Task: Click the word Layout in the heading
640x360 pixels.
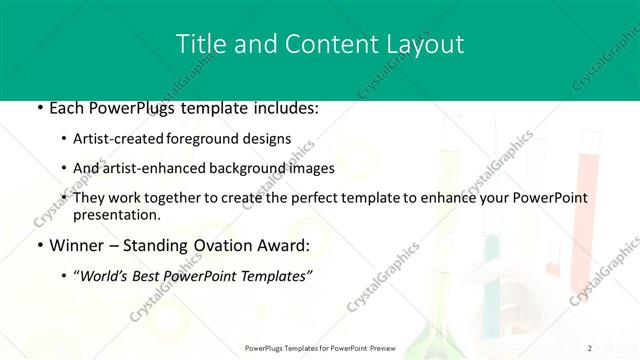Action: pyautogui.click(x=423, y=44)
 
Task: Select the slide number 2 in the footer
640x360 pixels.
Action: pyautogui.click(x=590, y=347)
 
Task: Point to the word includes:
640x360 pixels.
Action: pyautogui.click(x=278, y=108)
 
